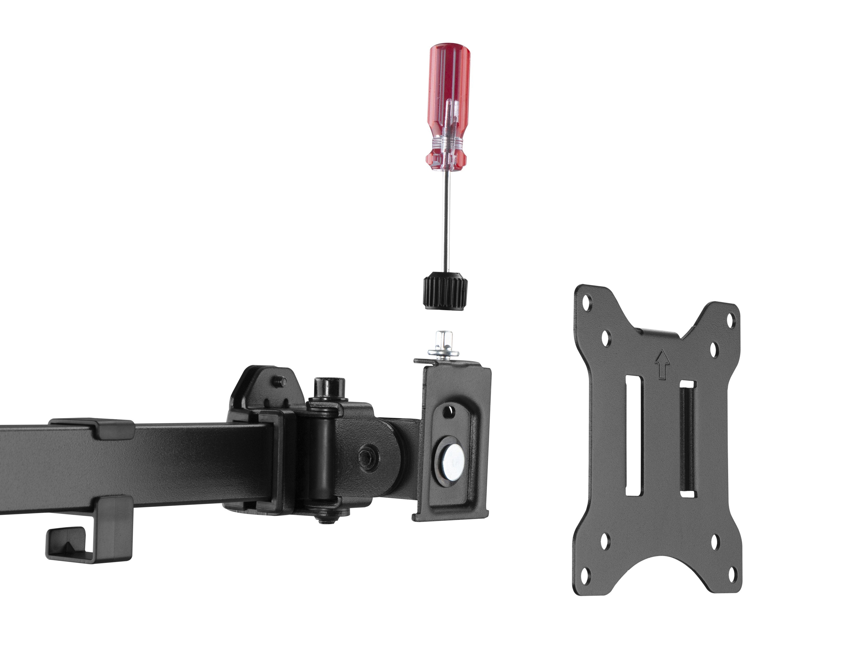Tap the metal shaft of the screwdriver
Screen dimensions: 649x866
(445, 219)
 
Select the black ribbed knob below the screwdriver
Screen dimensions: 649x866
(445, 292)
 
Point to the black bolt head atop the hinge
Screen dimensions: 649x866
(328, 387)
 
